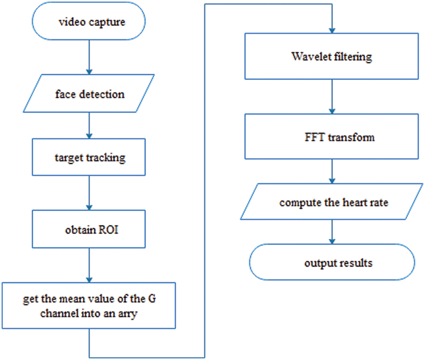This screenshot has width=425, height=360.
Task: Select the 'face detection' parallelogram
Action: (x=89, y=94)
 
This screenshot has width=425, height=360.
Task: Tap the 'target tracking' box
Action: (x=89, y=157)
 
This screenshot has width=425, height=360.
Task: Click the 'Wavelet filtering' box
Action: (x=331, y=57)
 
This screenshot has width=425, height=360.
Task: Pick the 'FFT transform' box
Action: (x=331, y=137)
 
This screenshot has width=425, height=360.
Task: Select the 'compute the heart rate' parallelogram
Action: (x=331, y=202)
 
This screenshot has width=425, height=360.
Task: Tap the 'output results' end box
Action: (x=331, y=263)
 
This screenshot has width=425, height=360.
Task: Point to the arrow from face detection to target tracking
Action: (x=89, y=125)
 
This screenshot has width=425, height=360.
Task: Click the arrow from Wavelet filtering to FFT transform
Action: (x=331, y=97)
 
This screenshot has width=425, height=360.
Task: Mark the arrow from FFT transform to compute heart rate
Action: (x=331, y=172)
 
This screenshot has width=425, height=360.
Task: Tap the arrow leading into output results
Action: (x=331, y=232)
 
